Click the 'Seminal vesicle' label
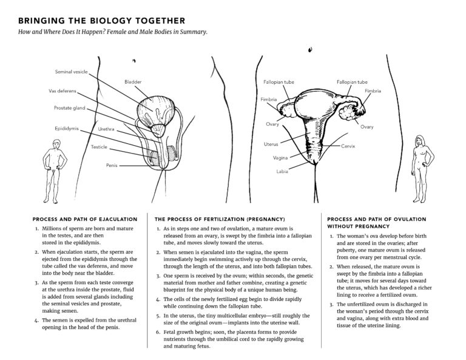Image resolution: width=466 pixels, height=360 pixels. pos(72,72)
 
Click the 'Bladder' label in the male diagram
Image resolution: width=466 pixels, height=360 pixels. pos(133,81)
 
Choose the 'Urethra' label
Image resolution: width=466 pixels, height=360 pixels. pos(106,129)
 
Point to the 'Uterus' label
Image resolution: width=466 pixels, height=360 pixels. pos(271,144)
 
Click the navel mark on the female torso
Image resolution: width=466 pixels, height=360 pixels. pos(310,49)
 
